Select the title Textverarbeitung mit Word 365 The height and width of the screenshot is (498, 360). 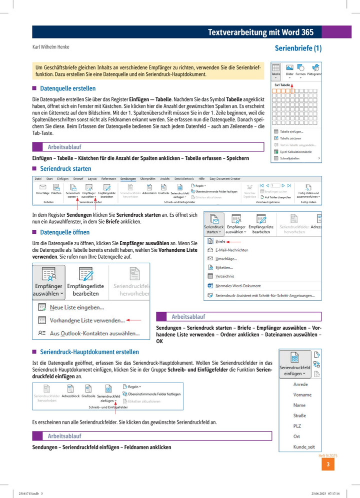tap(260, 32)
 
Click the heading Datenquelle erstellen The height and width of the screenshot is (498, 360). tap(68, 88)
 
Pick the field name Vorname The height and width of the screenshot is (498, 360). tap(302, 395)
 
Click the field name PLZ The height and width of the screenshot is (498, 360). tap(297, 426)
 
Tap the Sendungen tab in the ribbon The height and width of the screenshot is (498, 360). tap(128, 178)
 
